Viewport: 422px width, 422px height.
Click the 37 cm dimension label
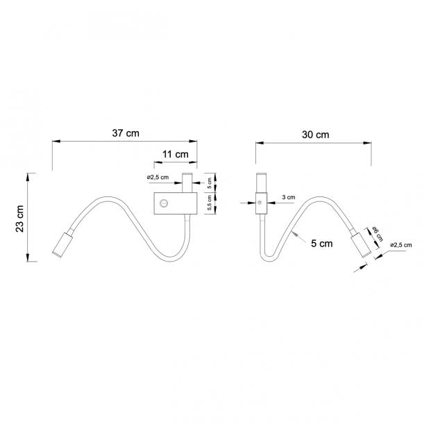[x=126, y=133]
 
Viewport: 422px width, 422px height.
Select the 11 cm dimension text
[x=175, y=155]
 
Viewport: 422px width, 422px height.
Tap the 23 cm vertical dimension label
[x=19, y=219]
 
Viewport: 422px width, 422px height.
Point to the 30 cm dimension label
[x=315, y=135]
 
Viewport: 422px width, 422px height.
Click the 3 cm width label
[x=289, y=197]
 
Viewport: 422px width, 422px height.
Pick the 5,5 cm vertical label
[x=210, y=203]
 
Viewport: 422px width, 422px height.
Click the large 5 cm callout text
[x=322, y=244]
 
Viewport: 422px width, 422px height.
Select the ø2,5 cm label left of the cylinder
[x=158, y=178]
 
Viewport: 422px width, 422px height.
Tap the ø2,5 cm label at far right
[x=400, y=245]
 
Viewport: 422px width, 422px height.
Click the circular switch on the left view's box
[x=164, y=203]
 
